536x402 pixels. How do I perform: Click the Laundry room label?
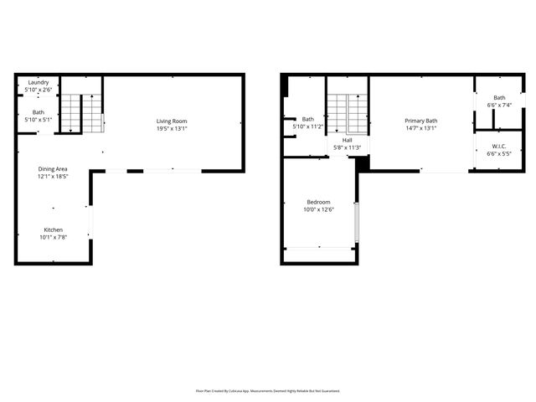tap(39, 82)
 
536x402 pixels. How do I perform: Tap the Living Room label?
tap(172, 121)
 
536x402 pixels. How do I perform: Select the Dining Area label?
tap(51, 169)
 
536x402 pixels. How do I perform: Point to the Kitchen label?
tap(53, 229)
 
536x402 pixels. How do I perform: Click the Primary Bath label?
tap(420, 121)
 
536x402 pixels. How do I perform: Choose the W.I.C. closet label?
tap(499, 147)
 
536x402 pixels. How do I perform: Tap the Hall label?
tap(347, 140)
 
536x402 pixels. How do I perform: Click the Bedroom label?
tap(318, 202)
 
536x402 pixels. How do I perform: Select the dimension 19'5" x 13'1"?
tap(172, 129)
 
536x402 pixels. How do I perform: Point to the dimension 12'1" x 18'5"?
tap(51, 177)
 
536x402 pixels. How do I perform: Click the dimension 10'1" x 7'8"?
tap(53, 237)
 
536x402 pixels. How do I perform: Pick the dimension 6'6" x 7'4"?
tap(499, 105)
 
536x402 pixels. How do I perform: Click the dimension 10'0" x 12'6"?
tap(318, 209)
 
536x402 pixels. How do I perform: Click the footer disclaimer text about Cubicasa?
tap(268, 390)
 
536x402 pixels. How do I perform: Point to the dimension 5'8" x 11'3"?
tap(347, 147)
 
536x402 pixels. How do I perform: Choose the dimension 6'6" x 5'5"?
tap(499, 154)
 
